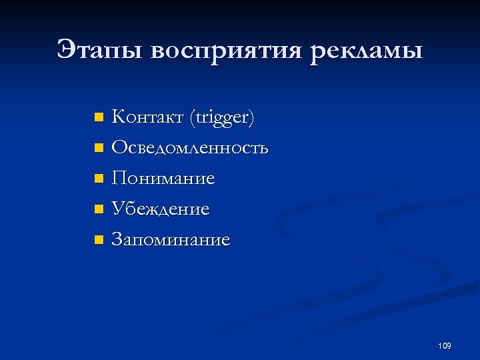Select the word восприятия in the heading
[x=227, y=52]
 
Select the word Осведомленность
[x=190, y=147]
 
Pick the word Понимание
[x=163, y=178]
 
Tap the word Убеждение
[x=160, y=209]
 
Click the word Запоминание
[x=171, y=239]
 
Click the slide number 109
[x=445, y=345]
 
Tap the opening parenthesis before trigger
[x=192, y=119]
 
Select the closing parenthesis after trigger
[x=251, y=119]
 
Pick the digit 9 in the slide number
[x=449, y=345]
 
